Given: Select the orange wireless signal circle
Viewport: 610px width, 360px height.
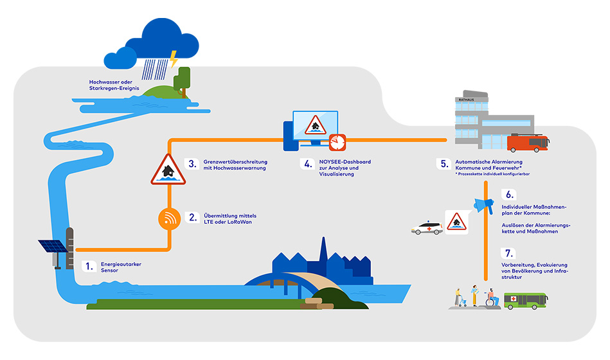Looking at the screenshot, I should pyautogui.click(x=169, y=218).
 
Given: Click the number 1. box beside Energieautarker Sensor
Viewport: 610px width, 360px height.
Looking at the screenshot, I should pyautogui.click(x=91, y=264).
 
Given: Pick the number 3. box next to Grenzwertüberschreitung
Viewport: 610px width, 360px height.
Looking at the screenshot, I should pyautogui.click(x=191, y=163).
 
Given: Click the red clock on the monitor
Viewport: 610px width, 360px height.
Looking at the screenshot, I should pyautogui.click(x=337, y=141).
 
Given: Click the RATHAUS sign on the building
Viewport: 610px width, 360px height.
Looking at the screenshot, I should pyautogui.click(x=465, y=100).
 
